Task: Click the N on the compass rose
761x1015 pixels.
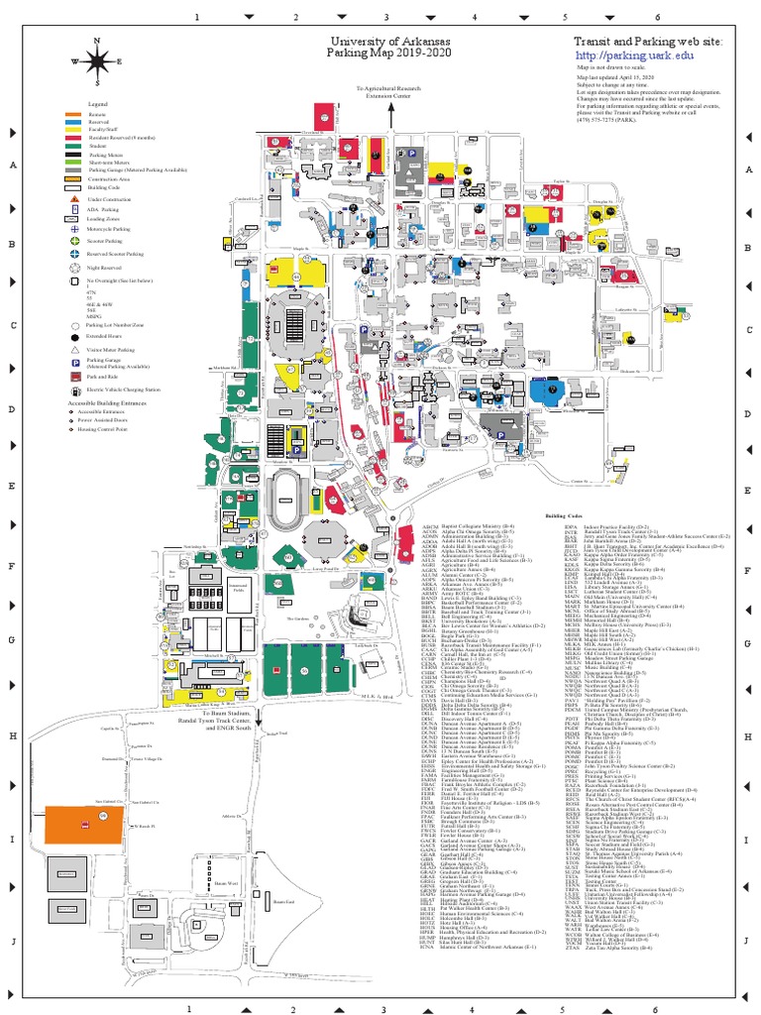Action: coord(97,41)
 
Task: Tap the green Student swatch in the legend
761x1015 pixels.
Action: coord(73,145)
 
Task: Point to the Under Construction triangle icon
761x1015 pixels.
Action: coord(74,199)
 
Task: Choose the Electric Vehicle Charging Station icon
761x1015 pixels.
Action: coord(74,390)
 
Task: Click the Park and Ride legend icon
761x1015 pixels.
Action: coord(74,377)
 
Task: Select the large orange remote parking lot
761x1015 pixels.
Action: coord(82,821)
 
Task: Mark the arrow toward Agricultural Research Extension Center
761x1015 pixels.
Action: coord(391,115)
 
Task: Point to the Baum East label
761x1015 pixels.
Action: coord(285,929)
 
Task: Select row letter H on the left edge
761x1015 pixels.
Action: coord(12,734)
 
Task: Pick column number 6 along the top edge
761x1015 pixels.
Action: coord(657,18)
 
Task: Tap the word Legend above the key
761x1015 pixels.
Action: coord(97,103)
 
